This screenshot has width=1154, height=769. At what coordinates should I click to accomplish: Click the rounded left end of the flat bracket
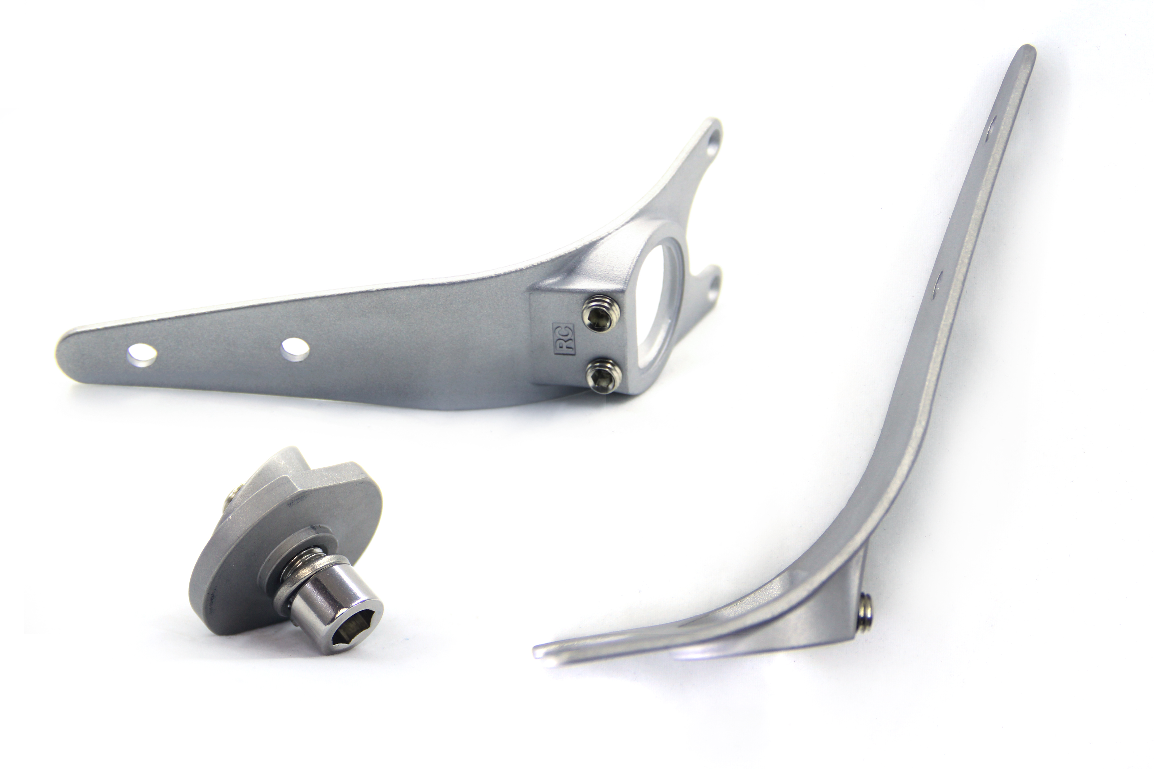[x=66, y=351]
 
